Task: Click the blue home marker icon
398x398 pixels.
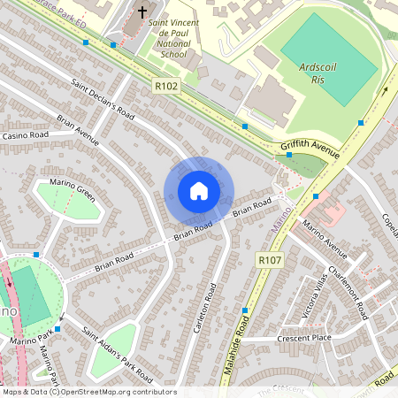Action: point(199,191)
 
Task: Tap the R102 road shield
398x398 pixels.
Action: point(165,87)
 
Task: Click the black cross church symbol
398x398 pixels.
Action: point(142,13)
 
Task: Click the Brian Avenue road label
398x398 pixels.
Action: point(78,129)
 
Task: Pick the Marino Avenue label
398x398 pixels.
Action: point(325,234)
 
